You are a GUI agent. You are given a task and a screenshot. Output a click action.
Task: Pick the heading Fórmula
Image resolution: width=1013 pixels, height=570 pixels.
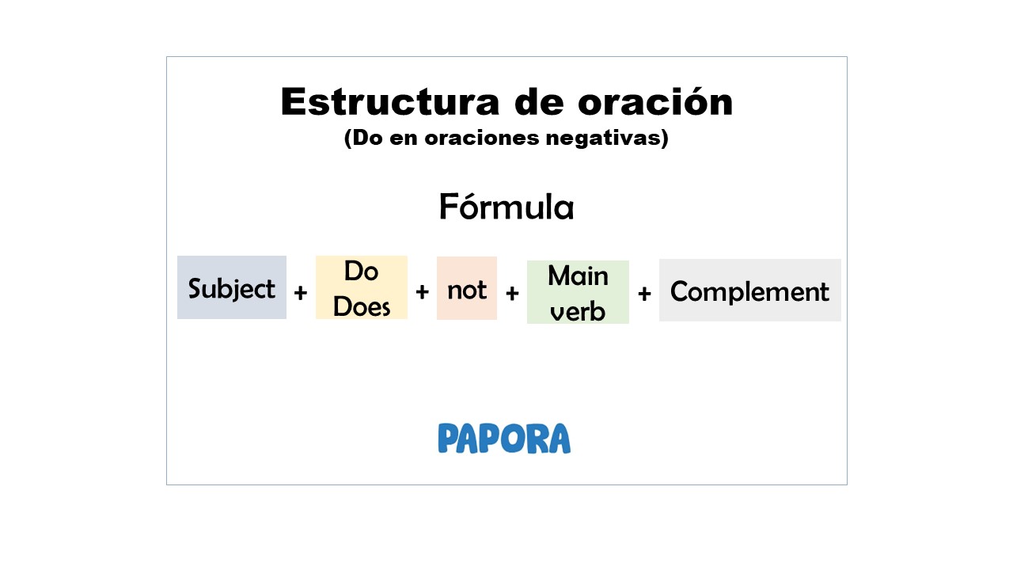[506, 207]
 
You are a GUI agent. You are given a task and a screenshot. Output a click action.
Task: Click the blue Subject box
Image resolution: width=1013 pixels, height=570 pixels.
[232, 288]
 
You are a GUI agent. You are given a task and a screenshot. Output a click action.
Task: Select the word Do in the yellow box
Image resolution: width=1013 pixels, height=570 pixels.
[361, 272]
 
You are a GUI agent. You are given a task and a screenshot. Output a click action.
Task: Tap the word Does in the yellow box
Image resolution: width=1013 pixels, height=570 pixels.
[362, 306]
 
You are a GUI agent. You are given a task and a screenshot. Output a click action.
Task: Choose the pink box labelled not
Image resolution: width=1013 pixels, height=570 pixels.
[467, 289]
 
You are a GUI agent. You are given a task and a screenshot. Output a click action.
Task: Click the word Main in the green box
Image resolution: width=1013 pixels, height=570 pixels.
[578, 276]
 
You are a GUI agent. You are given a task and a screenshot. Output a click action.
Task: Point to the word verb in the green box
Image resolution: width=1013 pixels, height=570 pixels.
[578, 310]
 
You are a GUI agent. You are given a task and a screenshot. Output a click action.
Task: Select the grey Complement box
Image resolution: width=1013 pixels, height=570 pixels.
[749, 291]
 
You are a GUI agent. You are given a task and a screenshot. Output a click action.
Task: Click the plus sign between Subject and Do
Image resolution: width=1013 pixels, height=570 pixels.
[301, 294]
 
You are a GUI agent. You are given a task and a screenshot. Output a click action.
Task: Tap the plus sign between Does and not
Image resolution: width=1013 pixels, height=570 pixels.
[422, 292]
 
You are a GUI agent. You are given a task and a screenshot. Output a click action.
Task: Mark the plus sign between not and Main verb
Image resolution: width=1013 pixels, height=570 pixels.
[512, 294]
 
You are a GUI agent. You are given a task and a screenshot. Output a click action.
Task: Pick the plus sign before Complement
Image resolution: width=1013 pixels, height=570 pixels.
[644, 294]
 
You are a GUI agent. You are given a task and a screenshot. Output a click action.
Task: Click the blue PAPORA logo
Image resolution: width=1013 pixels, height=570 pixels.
[504, 439]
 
